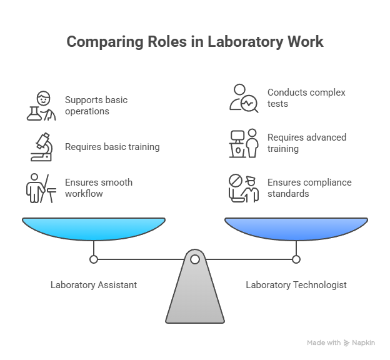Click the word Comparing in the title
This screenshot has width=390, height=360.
[x=105, y=42]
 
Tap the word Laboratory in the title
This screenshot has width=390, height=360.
[x=246, y=42]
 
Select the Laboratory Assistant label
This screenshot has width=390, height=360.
[x=94, y=285]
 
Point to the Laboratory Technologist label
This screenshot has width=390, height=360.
[x=296, y=285]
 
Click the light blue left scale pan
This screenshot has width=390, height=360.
[x=94, y=229]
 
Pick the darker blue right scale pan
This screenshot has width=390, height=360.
[x=296, y=229]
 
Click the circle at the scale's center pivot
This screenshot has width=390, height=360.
[x=195, y=259]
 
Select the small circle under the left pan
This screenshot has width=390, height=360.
[x=94, y=259]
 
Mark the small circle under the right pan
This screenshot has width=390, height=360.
[x=296, y=259]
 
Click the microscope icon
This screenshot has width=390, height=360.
[x=41, y=147]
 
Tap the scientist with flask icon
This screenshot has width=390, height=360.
[x=41, y=106]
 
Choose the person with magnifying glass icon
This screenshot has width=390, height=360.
[x=244, y=98]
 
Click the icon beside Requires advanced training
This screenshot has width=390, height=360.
[x=244, y=143]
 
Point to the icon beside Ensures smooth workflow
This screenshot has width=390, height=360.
[x=41, y=188]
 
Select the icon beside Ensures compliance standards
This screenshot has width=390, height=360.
[x=244, y=188]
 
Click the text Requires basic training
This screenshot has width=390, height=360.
[x=112, y=147]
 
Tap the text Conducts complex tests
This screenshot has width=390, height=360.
[x=306, y=98]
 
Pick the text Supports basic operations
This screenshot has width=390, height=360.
[x=96, y=106]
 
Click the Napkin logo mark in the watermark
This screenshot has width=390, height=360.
[x=346, y=343]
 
